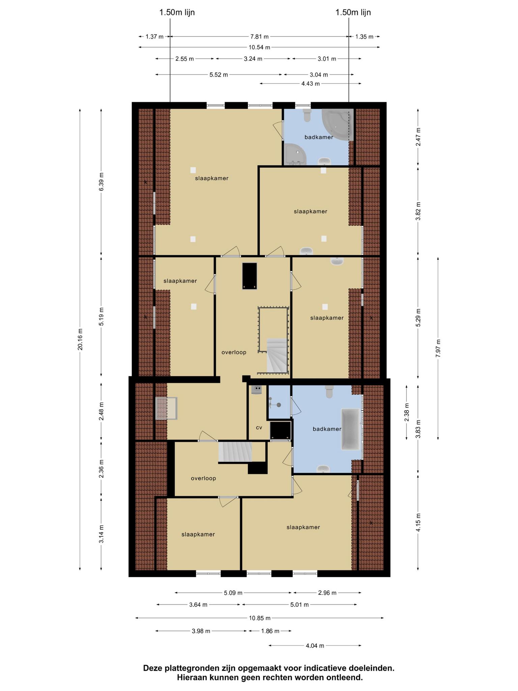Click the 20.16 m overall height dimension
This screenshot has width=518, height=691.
[80, 339]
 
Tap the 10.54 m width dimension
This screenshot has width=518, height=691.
[259, 47]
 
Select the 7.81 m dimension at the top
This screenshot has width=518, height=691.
[259, 36]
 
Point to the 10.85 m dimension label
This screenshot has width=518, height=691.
[260, 618]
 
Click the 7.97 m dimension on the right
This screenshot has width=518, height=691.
[438, 348]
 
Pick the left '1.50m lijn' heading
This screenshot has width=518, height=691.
[177, 12]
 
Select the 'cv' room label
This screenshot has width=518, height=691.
[259, 427]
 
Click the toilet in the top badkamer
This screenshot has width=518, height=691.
[307, 115]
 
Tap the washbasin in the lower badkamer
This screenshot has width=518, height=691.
[323, 469]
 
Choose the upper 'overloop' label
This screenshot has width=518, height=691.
[234, 352]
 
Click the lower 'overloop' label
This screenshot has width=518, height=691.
[203, 478]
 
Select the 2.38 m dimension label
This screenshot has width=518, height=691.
[407, 412]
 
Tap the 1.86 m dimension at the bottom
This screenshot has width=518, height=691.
[270, 631]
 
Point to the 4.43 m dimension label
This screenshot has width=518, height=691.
[310, 84]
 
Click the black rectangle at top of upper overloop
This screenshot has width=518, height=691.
[250, 276]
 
